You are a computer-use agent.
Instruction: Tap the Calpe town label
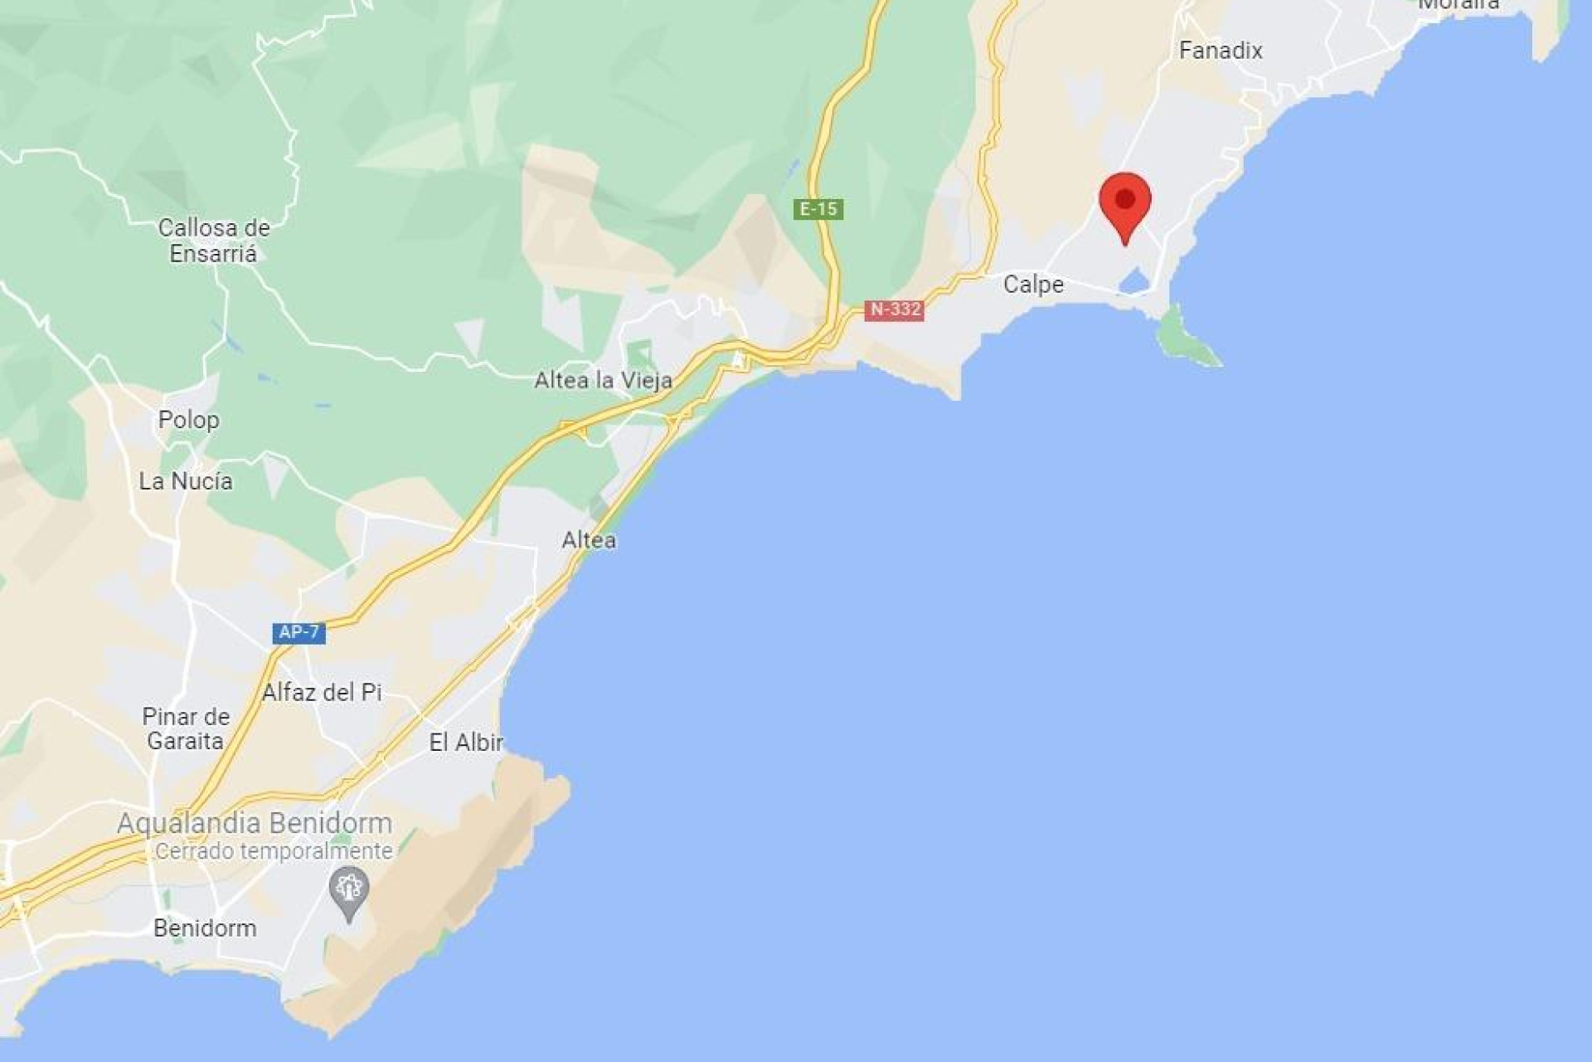point(1033,285)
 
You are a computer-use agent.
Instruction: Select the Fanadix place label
point(1221,51)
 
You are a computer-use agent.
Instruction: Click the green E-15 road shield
point(818,209)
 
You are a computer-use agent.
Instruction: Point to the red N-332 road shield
point(894,309)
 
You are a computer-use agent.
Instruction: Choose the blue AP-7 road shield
point(298,632)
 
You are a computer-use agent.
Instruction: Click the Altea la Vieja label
point(603,381)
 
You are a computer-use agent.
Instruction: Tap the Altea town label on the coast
point(589,540)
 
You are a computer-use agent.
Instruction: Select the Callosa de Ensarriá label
point(214,240)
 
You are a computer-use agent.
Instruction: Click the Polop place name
point(189,420)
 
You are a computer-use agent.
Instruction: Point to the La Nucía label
point(186,481)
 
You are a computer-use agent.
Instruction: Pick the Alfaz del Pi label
point(322,692)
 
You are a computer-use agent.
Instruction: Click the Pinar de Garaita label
point(186,728)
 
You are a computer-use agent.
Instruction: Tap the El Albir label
point(466,743)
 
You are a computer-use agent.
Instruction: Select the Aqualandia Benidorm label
point(255,823)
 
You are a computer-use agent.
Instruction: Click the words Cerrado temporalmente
point(274,851)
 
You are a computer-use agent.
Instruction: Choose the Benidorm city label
point(205,928)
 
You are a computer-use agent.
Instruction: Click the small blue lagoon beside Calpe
point(1134,282)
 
